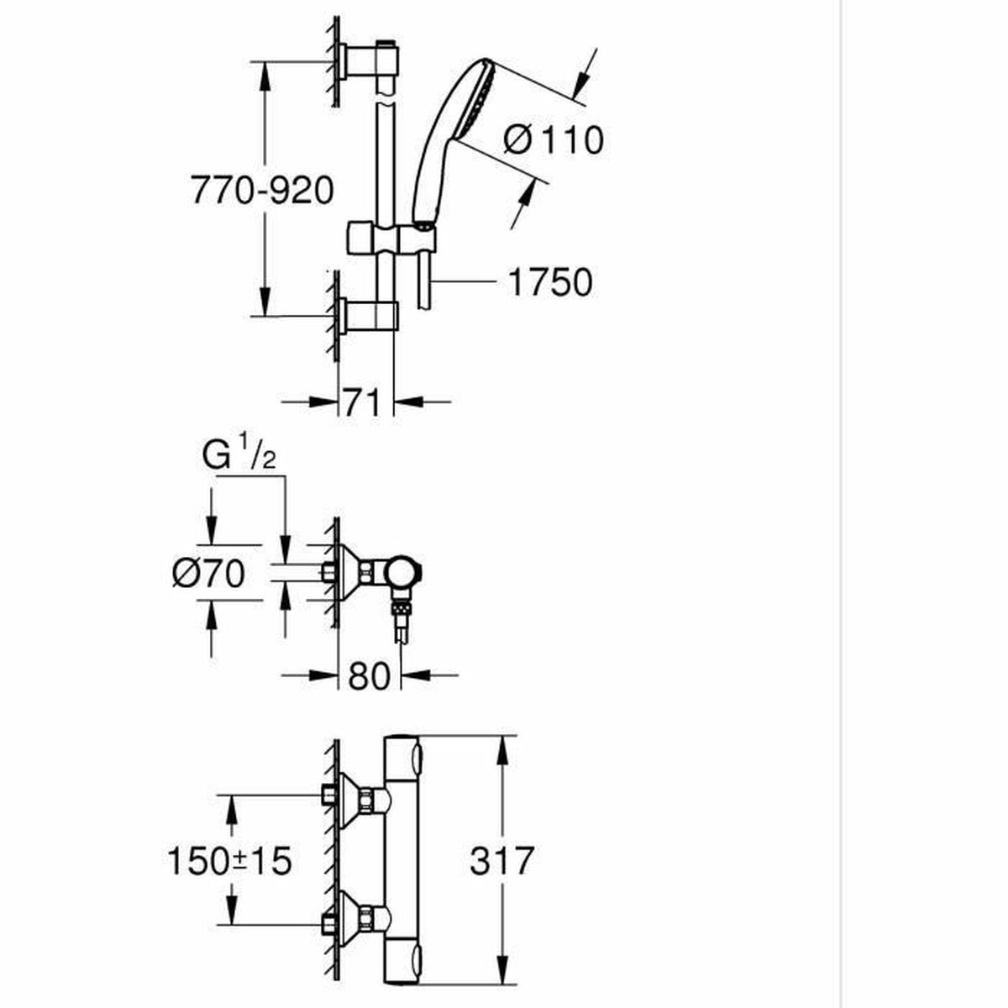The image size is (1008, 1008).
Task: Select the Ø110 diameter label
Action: click(x=554, y=139)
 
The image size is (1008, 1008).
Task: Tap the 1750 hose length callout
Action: click(x=550, y=283)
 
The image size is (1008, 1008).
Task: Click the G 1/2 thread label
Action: click(x=239, y=457)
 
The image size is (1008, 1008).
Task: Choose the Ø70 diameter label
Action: click(x=208, y=575)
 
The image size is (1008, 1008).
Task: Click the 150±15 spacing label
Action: click(x=228, y=860)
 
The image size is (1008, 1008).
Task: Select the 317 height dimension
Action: click(x=501, y=860)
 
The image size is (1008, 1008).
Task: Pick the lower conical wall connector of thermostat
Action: click(x=356, y=924)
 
